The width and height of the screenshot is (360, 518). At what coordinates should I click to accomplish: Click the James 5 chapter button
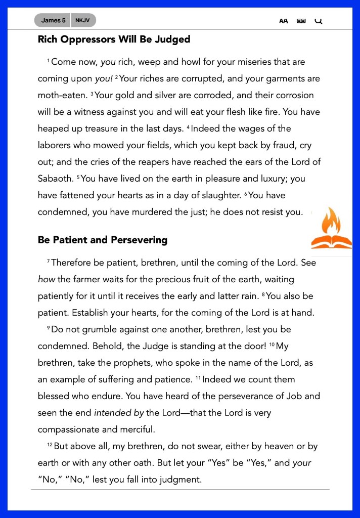pos(53,21)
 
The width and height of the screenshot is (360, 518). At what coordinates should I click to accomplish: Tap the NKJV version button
pos(83,21)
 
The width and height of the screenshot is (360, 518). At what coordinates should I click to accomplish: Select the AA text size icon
pos(284,21)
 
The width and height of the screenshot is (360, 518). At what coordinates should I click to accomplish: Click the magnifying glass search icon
pos(318,21)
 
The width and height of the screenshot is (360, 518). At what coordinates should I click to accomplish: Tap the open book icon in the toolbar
pos(301,21)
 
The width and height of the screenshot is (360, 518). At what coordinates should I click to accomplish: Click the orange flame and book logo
pos(332,229)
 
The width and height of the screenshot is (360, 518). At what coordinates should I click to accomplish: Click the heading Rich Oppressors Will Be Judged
pos(114,39)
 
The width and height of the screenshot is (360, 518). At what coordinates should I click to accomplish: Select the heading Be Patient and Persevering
pos(103,240)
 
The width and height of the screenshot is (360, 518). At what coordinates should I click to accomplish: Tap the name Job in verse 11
pos(279,396)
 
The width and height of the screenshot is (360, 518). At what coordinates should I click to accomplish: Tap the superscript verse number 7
pos(49,261)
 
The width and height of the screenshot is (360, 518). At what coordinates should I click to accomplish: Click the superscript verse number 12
pos(50,445)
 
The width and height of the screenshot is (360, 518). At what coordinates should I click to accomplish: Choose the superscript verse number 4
pos(188,127)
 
